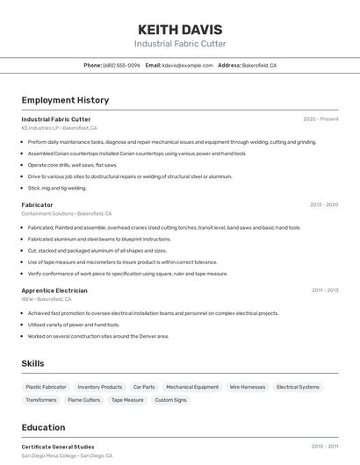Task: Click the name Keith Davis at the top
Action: [x=180, y=29]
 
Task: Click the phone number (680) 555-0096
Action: [x=121, y=66]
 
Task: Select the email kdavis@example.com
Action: [x=187, y=66]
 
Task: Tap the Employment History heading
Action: [x=65, y=101]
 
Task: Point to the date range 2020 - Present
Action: [x=320, y=119]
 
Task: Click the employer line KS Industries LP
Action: [x=59, y=128]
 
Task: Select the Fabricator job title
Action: [x=37, y=205]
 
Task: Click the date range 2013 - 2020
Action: [x=323, y=205]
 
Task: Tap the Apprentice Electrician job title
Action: [x=54, y=290]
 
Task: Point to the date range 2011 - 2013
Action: [x=324, y=290]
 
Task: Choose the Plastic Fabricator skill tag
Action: [x=46, y=387]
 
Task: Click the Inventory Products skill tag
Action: [x=99, y=387]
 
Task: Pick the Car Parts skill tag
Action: [x=144, y=387]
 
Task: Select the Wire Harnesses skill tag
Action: [x=247, y=387]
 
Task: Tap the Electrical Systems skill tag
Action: [x=298, y=387]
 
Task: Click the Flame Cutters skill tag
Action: [x=83, y=400]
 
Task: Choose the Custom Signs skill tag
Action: [x=170, y=400]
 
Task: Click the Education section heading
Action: [x=43, y=428]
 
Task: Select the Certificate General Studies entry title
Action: [x=58, y=447]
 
